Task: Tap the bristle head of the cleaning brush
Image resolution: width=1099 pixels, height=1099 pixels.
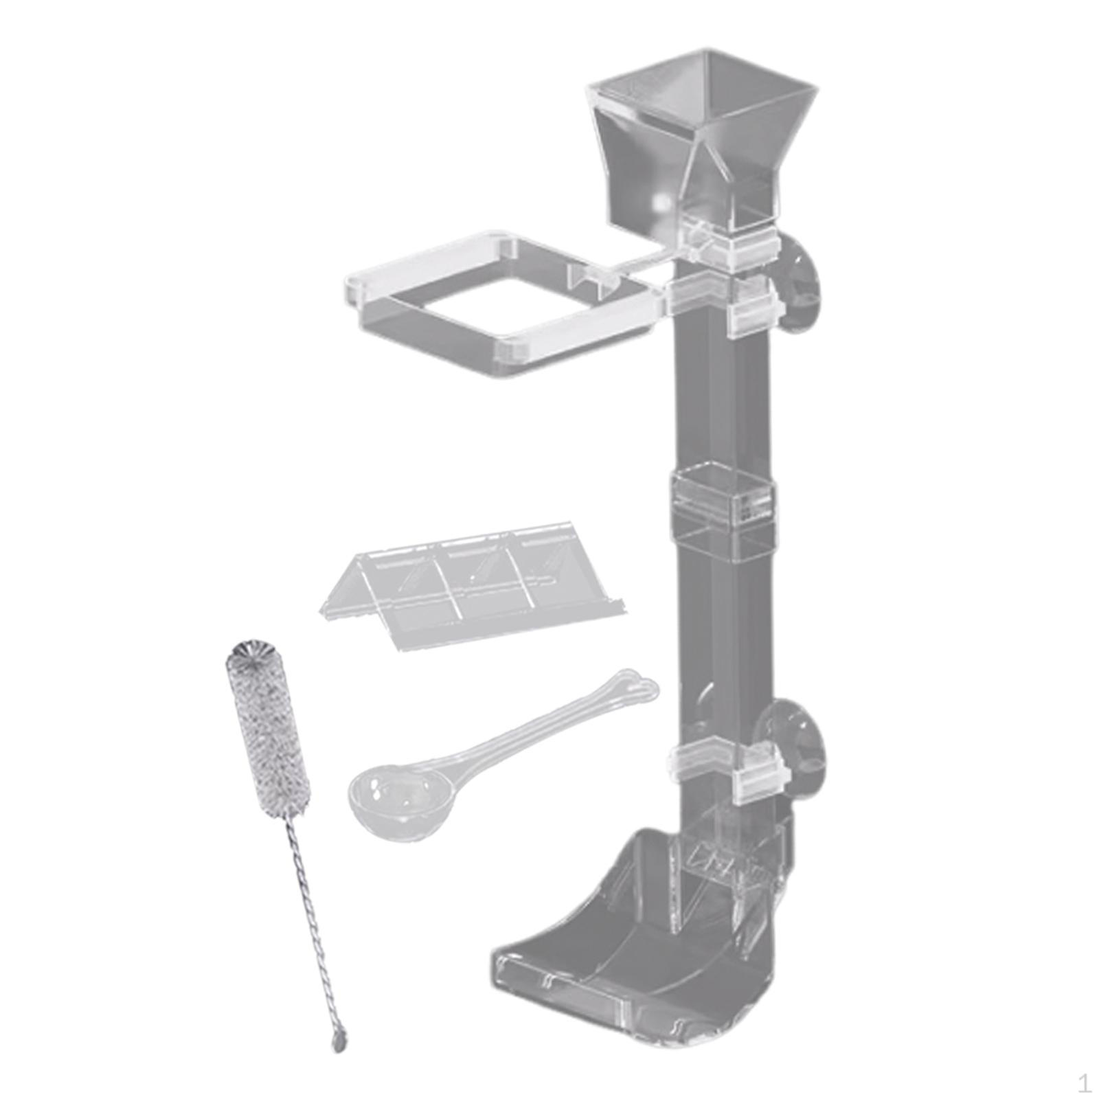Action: [x=267, y=728]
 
